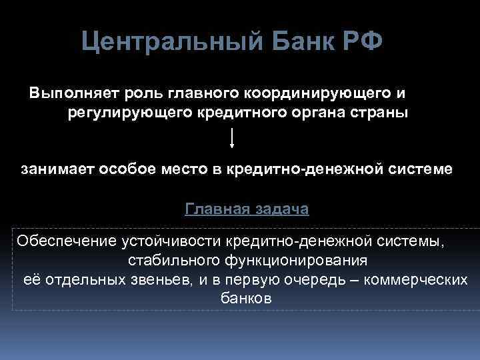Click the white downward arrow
point(232,138)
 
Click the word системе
point(421,169)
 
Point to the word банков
point(245,299)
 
